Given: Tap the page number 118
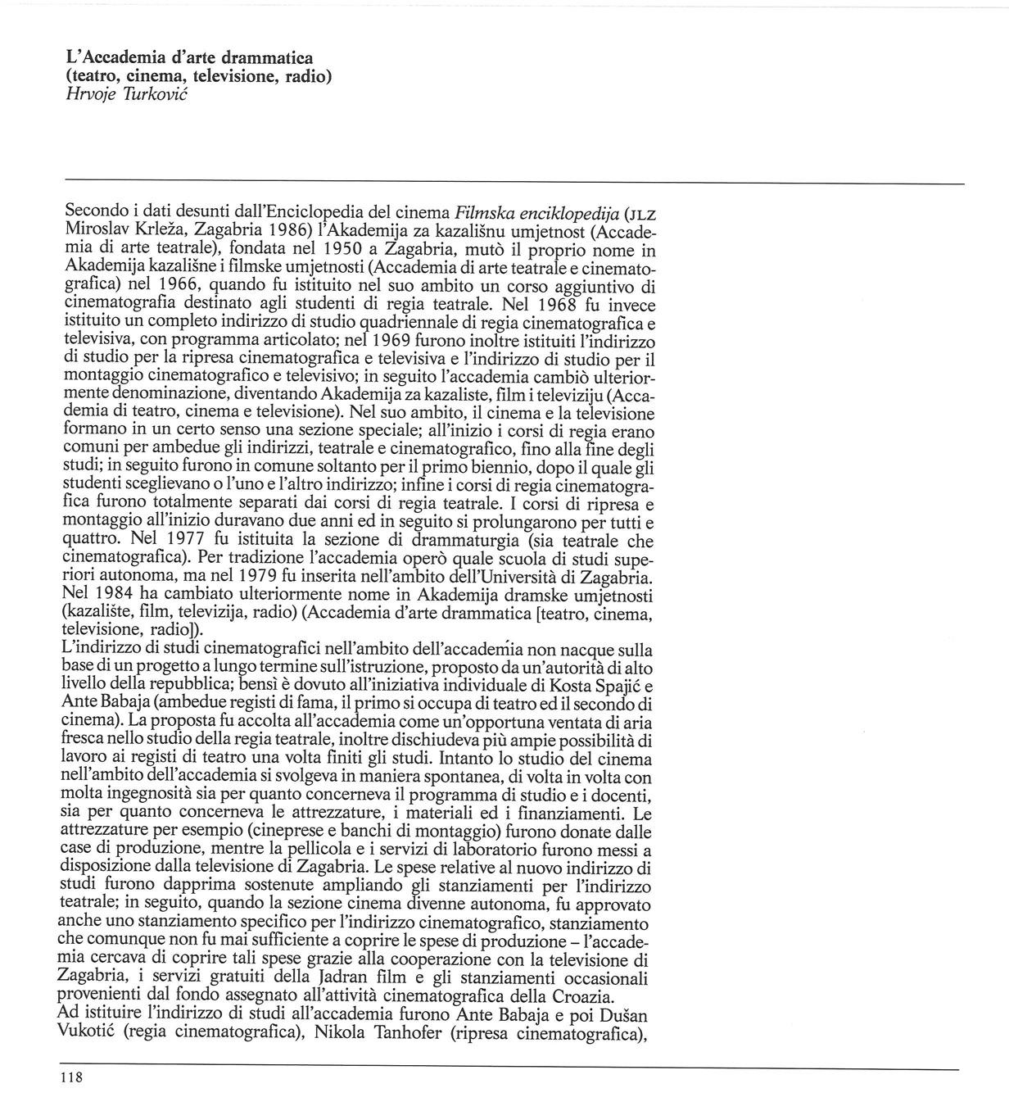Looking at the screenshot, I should coord(72,1078).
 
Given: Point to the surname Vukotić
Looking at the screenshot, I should coord(88,1033).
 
